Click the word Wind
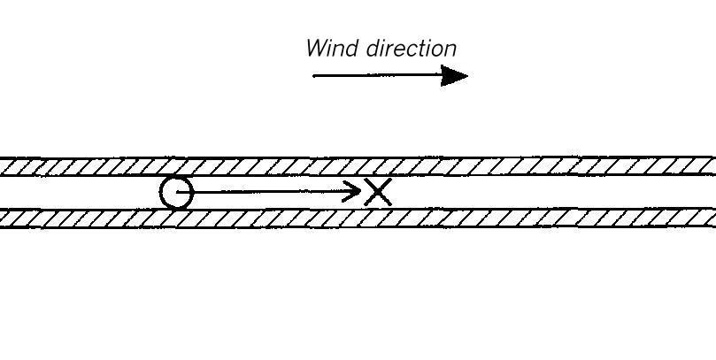click(332, 48)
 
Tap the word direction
click(412, 48)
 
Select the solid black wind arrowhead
click(454, 75)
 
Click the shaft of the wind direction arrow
click(377, 75)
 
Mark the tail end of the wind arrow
click(313, 75)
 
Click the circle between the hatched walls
click(160, 192)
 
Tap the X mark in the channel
click(378, 192)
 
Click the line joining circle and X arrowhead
click(269, 192)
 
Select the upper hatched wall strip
click(358, 166)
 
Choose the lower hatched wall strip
click(358, 218)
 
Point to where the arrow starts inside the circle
click(177, 192)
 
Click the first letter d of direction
click(373, 49)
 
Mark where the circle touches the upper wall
click(177, 176)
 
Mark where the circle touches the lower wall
click(177, 209)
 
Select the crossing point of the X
click(378, 192)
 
